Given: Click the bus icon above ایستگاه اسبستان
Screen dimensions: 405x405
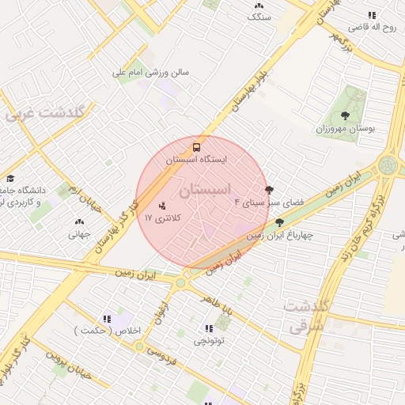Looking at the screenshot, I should coord(196,146).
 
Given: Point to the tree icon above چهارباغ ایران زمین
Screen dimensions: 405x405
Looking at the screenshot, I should coord(278,222).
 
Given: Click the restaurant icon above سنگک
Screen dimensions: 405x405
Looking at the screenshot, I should coord(259,4).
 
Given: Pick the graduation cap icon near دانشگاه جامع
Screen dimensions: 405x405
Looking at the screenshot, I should coord(10,179).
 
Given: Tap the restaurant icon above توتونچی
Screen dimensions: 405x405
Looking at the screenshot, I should coord(209,328).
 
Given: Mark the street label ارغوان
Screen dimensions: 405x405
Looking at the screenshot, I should coord(161,305).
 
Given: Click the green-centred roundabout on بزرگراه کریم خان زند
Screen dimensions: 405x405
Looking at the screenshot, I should coord(388,165).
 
